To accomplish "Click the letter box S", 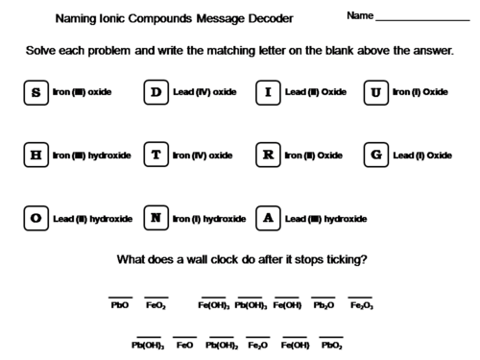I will [x=36, y=93].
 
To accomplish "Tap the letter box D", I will [x=156, y=93].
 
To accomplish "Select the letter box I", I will [x=268, y=93].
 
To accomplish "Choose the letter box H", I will [x=36, y=156].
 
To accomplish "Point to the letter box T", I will [x=156, y=156].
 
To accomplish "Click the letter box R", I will [x=268, y=156].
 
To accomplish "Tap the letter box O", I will [x=36, y=218].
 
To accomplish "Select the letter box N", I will [x=156, y=218].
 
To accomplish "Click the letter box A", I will [x=268, y=218].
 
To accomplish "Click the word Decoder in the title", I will [x=268, y=18].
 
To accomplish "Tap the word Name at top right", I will [x=359, y=17].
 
